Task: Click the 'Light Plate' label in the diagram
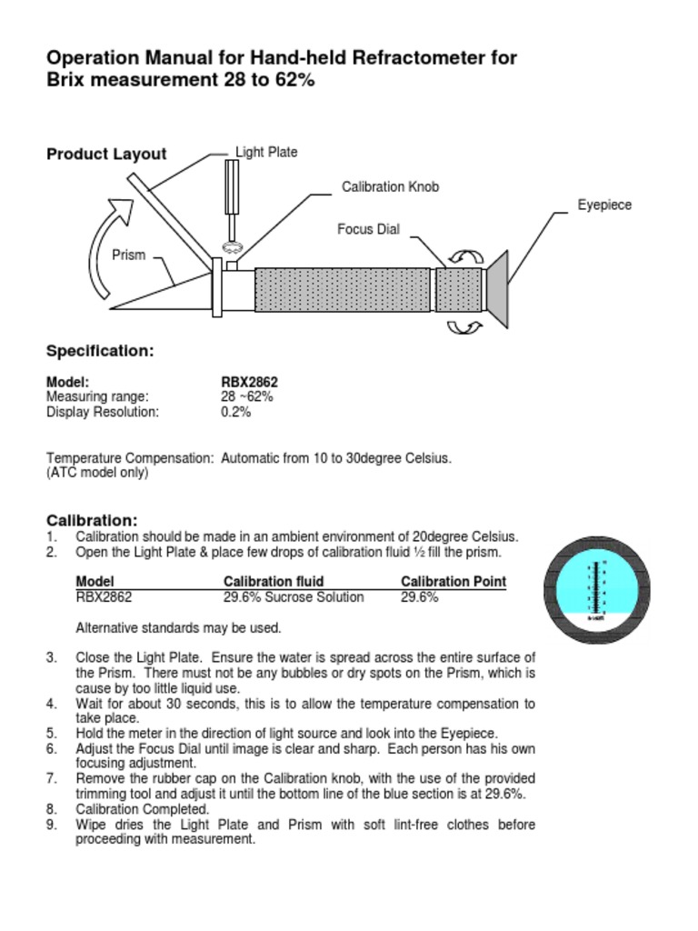(266, 153)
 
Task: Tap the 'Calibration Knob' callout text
(390, 187)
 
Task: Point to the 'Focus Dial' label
(368, 229)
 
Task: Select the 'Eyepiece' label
(604, 205)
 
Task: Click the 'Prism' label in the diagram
(128, 255)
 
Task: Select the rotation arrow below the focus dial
(464, 326)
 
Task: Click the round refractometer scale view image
(597, 590)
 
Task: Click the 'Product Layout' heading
(106, 155)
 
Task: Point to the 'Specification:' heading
(100, 351)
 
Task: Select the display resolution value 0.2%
(236, 412)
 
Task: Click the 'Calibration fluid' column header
(274, 582)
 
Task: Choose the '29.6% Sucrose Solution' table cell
(294, 597)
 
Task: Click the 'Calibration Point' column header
(454, 582)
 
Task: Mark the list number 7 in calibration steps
(52, 779)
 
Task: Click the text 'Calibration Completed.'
(143, 809)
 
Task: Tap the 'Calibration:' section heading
(92, 521)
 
